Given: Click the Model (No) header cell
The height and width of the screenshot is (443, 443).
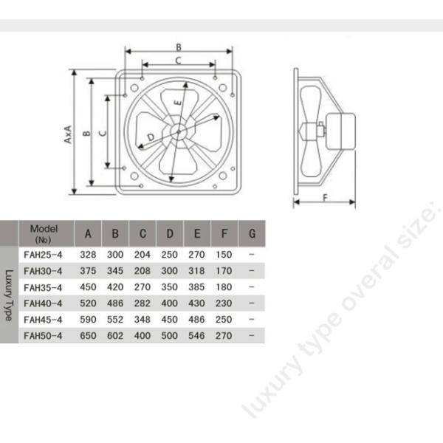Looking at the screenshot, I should [x=44, y=234].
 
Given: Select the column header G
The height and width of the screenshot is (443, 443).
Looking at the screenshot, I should [x=252, y=234].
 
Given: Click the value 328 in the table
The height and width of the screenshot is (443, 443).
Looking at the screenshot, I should [x=89, y=254].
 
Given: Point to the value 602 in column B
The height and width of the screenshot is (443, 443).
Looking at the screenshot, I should [x=115, y=335].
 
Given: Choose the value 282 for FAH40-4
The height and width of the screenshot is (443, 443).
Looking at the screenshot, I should [x=142, y=303].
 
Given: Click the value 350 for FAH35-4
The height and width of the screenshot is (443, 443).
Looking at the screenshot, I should [x=170, y=286].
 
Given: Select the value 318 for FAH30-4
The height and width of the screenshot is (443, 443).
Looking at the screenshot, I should [x=197, y=270].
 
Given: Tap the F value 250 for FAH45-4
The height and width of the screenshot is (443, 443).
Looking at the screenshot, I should [x=224, y=319].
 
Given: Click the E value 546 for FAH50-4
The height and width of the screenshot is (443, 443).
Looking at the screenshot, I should [x=197, y=335].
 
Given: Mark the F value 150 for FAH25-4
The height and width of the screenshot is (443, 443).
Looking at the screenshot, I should [x=224, y=254].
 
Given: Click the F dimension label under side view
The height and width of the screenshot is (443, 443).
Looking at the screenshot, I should [x=325, y=196].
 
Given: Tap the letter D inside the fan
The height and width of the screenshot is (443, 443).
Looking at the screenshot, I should [x=151, y=137].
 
